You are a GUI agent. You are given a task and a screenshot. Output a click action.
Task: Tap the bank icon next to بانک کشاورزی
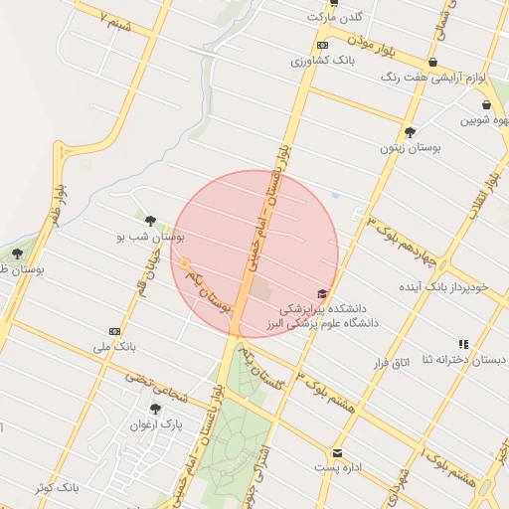pos(322,46)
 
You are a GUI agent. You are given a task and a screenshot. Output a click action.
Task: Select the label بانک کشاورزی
pos(322,62)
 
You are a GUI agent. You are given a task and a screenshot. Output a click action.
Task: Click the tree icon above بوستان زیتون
pos(410,131)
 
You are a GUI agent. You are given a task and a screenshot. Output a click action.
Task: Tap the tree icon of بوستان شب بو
pos(150,221)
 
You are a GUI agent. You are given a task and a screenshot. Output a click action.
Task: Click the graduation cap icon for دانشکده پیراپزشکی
pos(321,293)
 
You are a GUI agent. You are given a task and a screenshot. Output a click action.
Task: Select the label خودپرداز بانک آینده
pos(440,287)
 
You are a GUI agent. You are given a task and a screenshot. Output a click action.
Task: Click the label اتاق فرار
pos(391,363)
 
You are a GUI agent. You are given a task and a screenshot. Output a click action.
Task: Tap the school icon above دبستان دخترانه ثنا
pos(463,344)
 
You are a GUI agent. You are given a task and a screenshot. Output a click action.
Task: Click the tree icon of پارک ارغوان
pos(155,409)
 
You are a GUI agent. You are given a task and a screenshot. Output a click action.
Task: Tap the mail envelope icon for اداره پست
pos(338,452)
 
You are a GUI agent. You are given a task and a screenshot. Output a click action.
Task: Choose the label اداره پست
pos(338,467)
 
